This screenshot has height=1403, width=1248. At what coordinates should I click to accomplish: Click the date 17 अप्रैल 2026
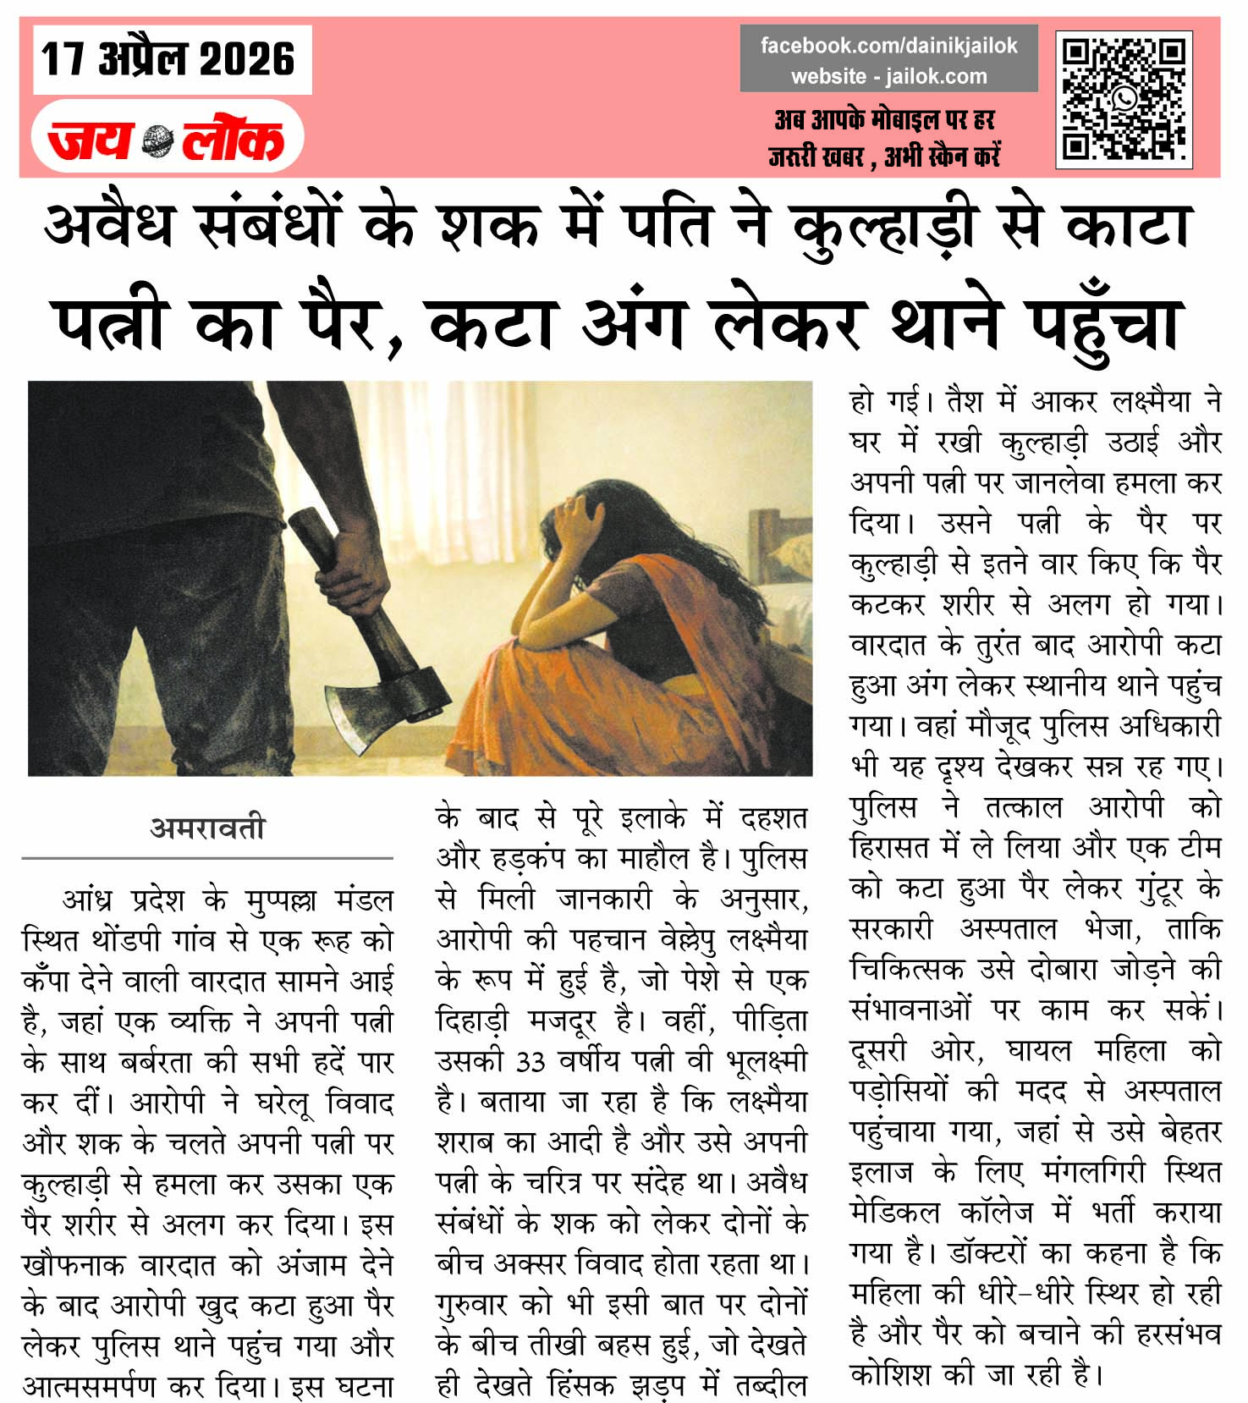[168, 59]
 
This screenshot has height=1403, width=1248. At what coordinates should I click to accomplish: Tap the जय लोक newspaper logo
[167, 140]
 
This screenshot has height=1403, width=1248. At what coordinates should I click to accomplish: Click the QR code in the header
[1124, 100]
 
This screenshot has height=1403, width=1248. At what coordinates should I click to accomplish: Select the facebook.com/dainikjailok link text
[888, 46]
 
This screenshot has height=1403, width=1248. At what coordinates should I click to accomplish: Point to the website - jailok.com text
[888, 76]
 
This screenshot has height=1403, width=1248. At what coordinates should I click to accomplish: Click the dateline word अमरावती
[208, 827]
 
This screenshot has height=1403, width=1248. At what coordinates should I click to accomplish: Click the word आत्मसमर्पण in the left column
[90, 1386]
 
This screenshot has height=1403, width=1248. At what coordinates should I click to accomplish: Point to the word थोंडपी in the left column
[124, 939]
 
